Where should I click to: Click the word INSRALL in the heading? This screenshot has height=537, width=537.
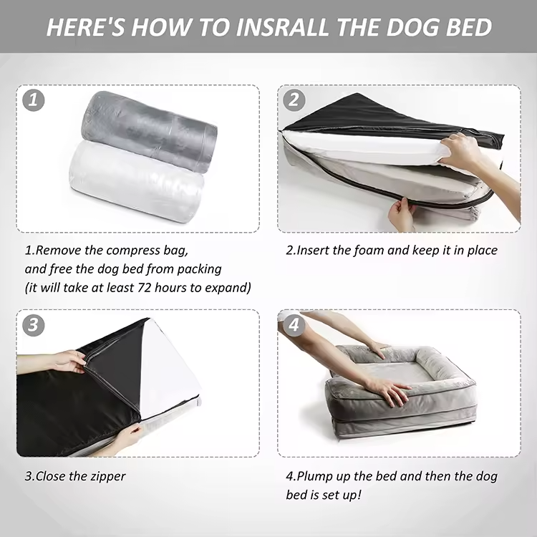click(283, 27)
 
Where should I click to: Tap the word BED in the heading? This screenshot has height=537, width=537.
click(469, 27)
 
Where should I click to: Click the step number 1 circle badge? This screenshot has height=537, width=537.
click(33, 100)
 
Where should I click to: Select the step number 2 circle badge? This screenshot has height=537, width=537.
click(294, 100)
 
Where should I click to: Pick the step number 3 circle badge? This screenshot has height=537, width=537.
click(33, 325)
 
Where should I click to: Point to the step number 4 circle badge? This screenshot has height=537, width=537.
click(294, 325)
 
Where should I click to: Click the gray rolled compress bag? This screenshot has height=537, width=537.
click(149, 132)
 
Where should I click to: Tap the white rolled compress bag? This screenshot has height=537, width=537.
click(137, 182)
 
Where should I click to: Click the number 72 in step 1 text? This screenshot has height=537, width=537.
click(145, 287)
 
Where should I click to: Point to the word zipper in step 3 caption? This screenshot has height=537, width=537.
click(109, 476)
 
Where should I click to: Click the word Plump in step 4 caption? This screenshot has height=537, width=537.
click(314, 476)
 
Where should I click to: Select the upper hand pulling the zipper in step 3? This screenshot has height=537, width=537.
click(69, 362)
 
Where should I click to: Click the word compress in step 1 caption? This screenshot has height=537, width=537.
click(133, 251)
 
